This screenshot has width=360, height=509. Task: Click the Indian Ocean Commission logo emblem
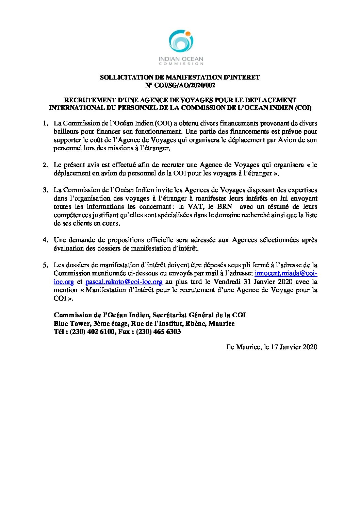(181, 41)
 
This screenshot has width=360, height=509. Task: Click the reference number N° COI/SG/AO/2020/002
(180, 85)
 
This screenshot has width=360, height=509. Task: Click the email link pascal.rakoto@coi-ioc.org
(124, 282)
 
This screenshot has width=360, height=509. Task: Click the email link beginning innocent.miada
(286, 273)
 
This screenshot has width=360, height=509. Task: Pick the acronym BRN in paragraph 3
(225, 207)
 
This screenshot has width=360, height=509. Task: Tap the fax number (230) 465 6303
(158, 332)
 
